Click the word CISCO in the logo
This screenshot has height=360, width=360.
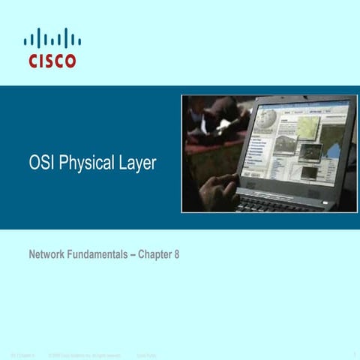(52, 61)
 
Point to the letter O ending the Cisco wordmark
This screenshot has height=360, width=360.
(70, 61)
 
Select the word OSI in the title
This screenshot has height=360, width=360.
(41, 163)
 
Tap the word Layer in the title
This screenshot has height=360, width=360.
(137, 163)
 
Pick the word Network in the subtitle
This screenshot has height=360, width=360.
(47, 254)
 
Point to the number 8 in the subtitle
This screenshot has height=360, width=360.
(176, 254)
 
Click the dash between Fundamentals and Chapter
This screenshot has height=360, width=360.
(133, 254)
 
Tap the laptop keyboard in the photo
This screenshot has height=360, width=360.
(277, 200)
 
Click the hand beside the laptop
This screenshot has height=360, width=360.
(219, 187)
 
